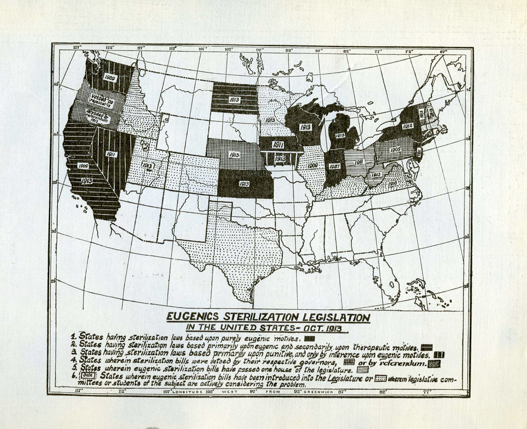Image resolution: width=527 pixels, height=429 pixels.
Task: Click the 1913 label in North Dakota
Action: coord(236,100)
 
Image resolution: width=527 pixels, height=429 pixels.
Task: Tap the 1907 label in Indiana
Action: coord(334,167)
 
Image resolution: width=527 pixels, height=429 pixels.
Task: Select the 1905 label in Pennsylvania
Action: coord(395,149)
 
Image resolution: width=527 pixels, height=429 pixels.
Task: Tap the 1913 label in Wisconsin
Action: coord(306,127)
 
